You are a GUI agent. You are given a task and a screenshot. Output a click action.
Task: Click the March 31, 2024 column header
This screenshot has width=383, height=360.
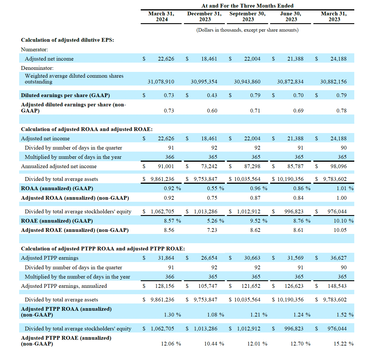[x=161, y=17]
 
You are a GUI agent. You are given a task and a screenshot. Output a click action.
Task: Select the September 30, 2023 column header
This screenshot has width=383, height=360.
[x=247, y=17]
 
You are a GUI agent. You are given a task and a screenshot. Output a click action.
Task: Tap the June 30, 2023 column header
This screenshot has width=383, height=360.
[x=291, y=17]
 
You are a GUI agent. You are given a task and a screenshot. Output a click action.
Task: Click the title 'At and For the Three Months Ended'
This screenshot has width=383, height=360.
[x=247, y=6]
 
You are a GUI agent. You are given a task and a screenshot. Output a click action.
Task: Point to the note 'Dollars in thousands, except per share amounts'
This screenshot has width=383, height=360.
[x=247, y=30]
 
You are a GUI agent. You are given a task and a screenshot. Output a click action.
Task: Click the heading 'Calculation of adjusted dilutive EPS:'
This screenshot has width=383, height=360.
[x=68, y=40]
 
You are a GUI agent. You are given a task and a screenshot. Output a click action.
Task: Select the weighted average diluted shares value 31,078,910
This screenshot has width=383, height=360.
[x=161, y=82]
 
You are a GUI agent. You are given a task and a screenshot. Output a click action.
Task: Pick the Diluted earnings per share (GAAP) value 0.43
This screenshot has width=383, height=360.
[x=212, y=95]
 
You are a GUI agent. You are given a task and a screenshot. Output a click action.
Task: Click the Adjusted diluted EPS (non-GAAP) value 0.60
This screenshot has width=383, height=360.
[x=212, y=111]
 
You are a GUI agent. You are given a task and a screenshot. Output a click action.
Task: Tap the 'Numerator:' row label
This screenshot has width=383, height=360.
[x=34, y=50]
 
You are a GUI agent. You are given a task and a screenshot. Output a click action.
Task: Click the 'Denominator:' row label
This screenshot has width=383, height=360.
[x=37, y=68]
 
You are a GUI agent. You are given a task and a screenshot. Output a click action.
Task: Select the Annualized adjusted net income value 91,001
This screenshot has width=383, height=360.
[x=166, y=166]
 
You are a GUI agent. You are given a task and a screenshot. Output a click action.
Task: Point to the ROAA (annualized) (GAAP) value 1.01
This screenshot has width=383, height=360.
[x=342, y=188]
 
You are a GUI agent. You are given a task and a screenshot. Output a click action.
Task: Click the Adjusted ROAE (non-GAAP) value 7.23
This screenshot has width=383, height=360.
[x=212, y=230]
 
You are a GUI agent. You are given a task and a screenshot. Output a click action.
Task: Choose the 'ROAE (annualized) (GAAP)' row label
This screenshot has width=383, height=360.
[x=57, y=221]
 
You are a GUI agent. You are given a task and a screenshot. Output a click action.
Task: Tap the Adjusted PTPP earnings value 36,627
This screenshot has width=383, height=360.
[x=338, y=258]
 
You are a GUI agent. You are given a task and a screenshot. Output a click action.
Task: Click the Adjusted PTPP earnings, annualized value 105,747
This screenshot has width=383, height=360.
[x=208, y=286]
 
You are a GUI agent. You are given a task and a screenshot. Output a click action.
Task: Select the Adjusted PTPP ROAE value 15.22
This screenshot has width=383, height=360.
[x=340, y=344]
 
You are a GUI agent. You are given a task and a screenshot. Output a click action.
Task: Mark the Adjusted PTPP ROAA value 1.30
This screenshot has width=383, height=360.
[x=169, y=315]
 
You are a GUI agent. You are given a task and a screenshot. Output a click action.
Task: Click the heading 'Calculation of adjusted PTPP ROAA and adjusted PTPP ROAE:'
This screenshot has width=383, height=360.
[x=103, y=249]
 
